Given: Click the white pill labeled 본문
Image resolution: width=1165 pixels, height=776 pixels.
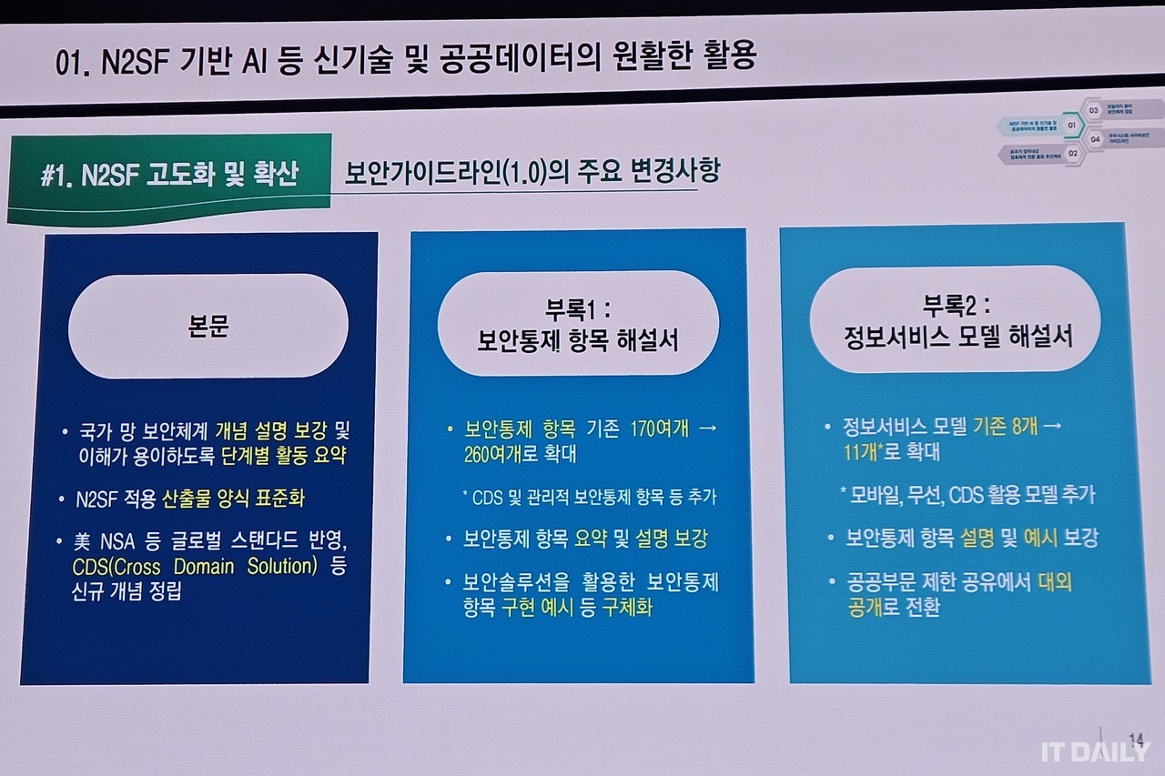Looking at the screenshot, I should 208,326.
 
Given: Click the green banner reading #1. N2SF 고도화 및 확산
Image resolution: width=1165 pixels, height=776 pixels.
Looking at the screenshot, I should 169,176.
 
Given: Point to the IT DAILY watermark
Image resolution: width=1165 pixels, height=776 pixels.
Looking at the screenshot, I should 1096,751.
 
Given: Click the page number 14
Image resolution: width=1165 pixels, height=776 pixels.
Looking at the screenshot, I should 1135,737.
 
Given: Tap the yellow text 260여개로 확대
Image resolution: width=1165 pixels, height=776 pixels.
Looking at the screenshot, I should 520,454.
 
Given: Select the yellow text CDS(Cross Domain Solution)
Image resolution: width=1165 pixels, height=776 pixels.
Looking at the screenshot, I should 195,567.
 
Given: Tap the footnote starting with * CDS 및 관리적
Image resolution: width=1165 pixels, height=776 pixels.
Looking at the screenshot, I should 589,497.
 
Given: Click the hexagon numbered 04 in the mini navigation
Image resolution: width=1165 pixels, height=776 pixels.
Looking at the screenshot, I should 1095,139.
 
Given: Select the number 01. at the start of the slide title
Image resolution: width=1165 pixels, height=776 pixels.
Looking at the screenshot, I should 74,63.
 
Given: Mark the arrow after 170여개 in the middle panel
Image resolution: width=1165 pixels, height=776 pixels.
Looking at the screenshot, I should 709,428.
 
